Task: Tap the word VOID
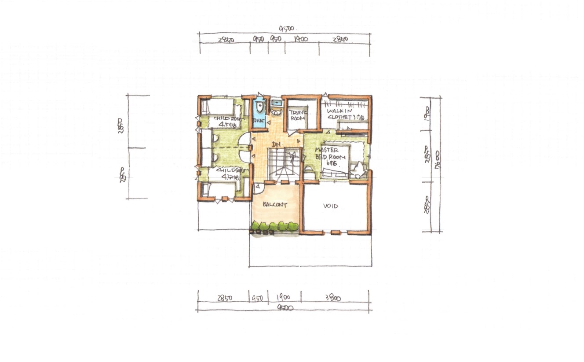click(x=331, y=206)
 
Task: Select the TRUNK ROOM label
click(x=298, y=115)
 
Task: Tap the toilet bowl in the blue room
click(x=259, y=107)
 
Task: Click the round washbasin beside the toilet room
click(x=276, y=112)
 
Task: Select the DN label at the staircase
click(x=276, y=144)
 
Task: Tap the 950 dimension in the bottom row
click(x=257, y=298)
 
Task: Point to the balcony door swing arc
click(x=258, y=188)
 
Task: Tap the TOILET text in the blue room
click(x=258, y=120)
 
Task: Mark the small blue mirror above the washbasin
click(x=276, y=103)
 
